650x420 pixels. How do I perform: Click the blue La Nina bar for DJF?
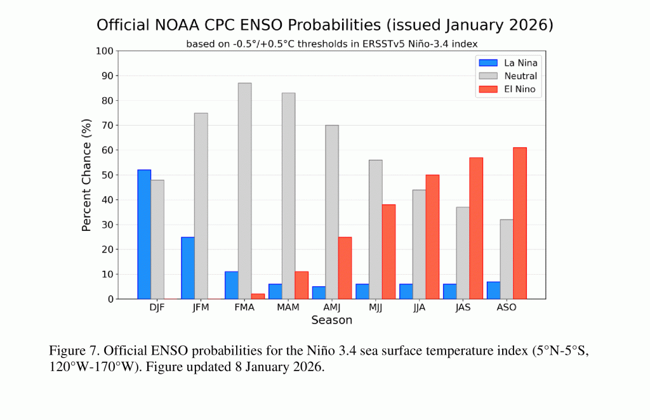tap(144, 234)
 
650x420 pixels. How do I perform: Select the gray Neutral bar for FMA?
tap(244, 190)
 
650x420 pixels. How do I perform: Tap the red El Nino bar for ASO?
tap(520, 223)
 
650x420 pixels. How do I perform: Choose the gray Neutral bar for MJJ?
tap(375, 229)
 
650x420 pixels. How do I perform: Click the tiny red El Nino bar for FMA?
tap(258, 296)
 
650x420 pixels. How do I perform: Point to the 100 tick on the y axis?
tap(105, 51)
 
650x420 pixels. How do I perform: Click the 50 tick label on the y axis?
tap(107, 175)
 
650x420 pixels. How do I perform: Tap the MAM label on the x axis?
tap(288, 308)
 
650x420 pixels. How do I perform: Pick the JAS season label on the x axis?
tap(463, 308)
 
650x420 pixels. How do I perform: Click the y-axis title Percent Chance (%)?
tap(87, 174)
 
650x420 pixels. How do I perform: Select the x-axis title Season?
tap(331, 320)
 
